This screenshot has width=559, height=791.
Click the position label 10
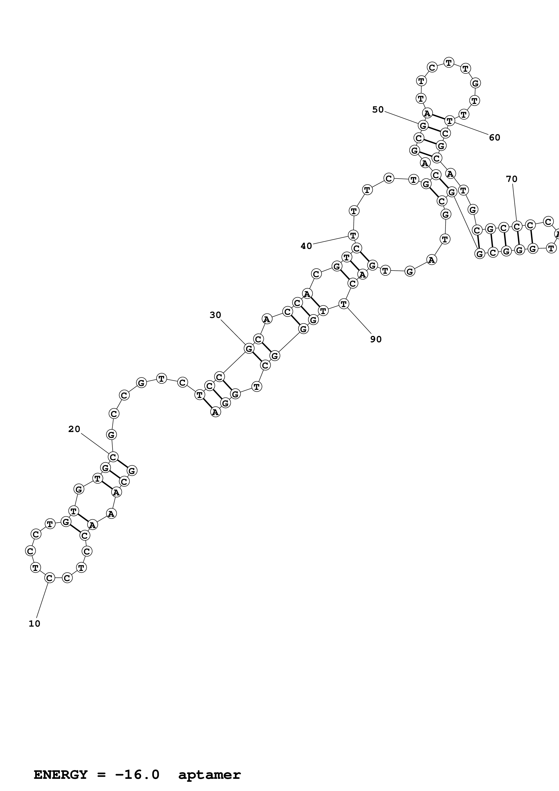(x=35, y=623)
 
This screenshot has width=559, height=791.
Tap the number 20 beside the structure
(x=74, y=429)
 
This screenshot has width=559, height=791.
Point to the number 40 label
(x=306, y=246)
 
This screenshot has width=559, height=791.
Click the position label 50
(x=378, y=110)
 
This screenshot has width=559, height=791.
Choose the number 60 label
(x=495, y=138)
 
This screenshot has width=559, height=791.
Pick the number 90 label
(x=376, y=339)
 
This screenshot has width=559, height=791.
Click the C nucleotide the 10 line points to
(x=50, y=578)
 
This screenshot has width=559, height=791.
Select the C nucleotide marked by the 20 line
(x=113, y=457)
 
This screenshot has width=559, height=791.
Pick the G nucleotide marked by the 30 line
(x=249, y=348)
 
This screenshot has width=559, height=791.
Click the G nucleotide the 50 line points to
(x=423, y=125)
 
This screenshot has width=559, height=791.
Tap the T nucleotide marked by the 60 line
(x=449, y=121)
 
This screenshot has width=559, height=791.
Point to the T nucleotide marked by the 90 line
(x=344, y=304)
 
